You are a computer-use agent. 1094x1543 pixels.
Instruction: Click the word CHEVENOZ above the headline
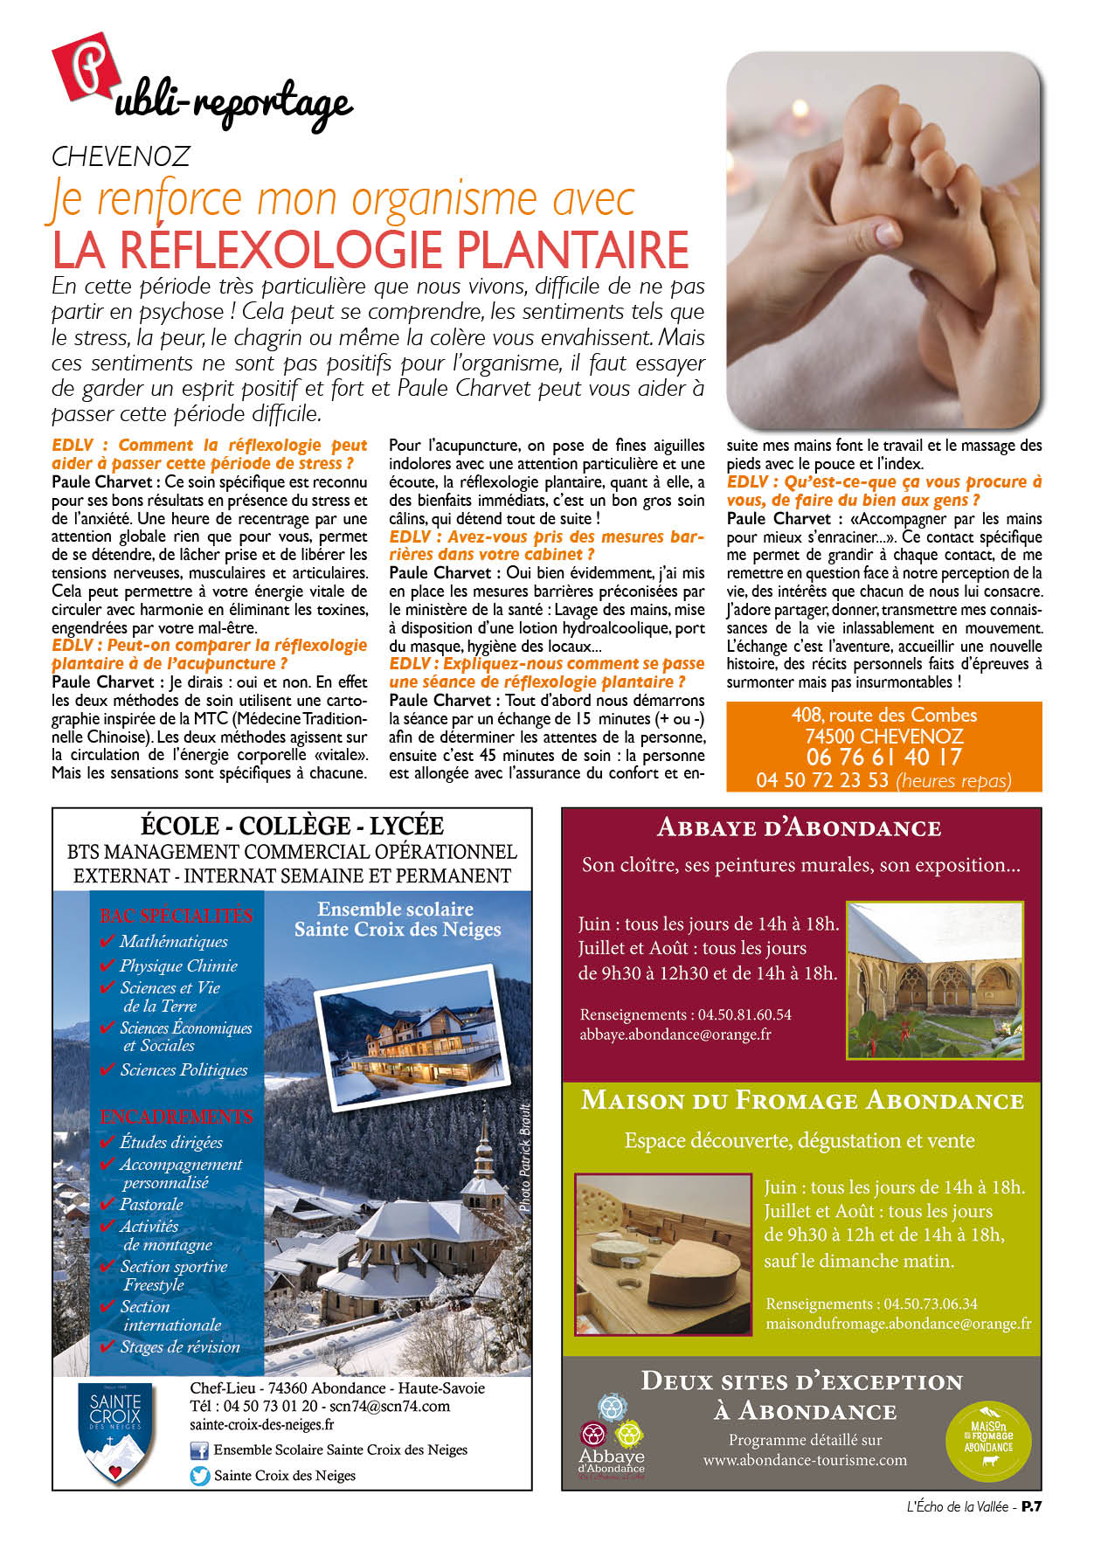121,156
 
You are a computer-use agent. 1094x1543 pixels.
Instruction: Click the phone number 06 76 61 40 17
883,758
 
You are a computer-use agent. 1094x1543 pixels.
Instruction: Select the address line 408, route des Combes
883,715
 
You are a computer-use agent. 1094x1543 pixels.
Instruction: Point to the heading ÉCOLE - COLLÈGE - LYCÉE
292,826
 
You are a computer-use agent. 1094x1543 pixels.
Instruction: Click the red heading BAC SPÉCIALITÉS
176,916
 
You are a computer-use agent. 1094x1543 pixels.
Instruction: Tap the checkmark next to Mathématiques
107,942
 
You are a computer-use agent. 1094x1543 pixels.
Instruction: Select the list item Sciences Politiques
183,1070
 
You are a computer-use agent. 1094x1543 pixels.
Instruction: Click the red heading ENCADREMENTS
176,1117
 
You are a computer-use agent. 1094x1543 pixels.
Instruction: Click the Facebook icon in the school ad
199,1450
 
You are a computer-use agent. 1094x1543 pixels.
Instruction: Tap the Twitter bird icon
200,1476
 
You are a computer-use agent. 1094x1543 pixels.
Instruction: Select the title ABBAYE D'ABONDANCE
799,827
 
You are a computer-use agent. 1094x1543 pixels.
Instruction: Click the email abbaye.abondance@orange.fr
675,1034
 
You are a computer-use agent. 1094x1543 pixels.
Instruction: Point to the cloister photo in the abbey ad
934,980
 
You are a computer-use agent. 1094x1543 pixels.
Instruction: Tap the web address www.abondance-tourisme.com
805,1460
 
